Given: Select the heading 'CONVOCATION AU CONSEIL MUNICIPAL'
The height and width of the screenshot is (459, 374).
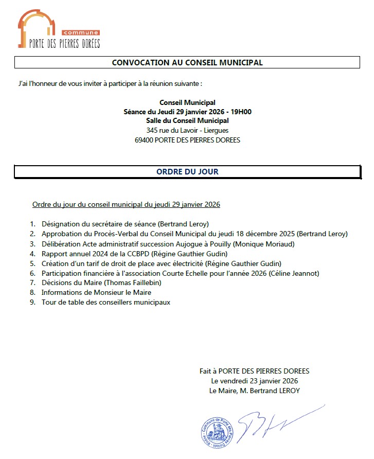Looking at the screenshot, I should click(x=187, y=63).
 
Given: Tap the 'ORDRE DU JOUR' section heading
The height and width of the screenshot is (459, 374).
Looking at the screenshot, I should click(x=187, y=172).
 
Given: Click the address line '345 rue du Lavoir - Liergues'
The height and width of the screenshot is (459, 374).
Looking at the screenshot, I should click(x=187, y=131).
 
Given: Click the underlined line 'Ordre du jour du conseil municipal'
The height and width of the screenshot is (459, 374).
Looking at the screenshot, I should click(x=126, y=204).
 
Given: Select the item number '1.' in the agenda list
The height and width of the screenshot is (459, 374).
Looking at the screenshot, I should click(x=32, y=224).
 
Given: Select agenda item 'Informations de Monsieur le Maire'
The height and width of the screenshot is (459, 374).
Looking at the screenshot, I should click(x=96, y=293).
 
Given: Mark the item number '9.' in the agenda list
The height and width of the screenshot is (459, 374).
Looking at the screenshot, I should click(x=32, y=303).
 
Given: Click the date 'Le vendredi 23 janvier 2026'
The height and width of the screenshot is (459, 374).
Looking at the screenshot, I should click(x=255, y=381).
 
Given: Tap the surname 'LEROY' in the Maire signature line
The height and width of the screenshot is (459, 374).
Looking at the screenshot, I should click(x=289, y=391).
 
